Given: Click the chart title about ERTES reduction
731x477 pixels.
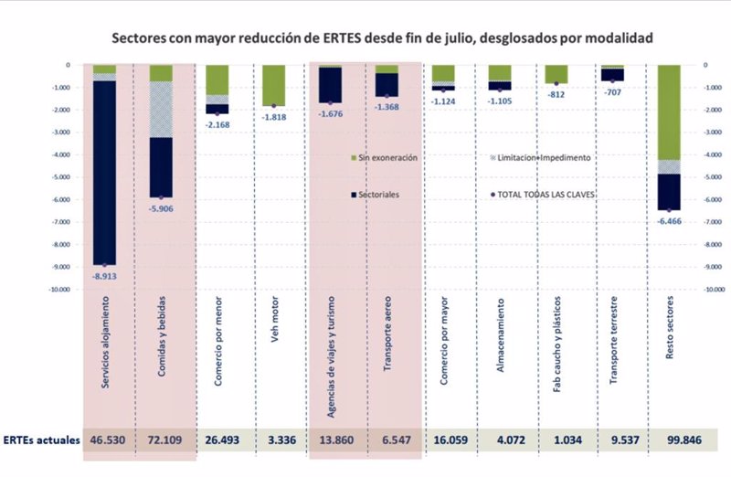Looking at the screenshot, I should (x=382, y=39).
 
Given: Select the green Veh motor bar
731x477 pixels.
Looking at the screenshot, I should (x=274, y=86).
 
